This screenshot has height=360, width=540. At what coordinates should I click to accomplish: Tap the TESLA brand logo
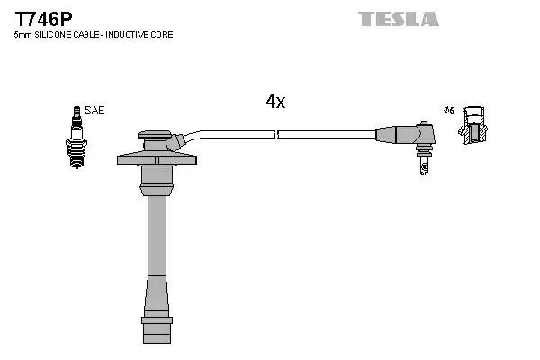398,19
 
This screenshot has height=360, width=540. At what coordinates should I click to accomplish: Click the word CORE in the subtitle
162,34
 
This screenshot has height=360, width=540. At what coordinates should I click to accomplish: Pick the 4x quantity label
275,102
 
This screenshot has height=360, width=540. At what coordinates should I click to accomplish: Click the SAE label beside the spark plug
96,111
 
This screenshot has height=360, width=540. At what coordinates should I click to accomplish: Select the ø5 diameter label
448,111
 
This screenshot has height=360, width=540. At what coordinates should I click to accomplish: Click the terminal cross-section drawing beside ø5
475,126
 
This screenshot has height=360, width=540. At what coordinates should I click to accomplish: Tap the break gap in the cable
276,134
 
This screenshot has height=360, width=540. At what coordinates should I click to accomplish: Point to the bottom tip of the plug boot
157,333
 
